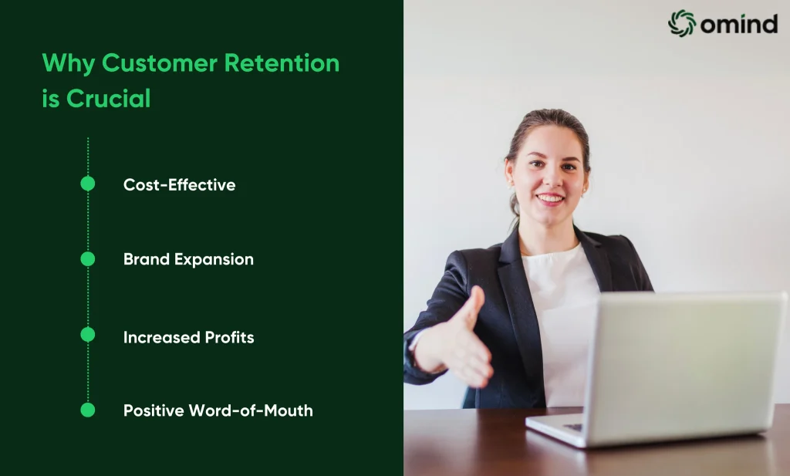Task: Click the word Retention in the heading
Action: (282, 63)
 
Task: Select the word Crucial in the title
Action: (108, 98)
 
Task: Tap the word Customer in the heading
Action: (160, 63)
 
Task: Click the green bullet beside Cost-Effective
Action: (88, 184)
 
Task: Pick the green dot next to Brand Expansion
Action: (88, 259)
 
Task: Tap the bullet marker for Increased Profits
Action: (88, 335)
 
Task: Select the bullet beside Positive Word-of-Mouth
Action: (88, 410)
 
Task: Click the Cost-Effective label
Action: (179, 185)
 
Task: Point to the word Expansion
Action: (214, 259)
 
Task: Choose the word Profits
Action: (229, 337)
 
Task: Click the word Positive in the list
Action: (154, 410)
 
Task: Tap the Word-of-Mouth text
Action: (251, 410)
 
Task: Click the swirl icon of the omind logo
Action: (682, 23)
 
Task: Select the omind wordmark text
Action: (739, 24)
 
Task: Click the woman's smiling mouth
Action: (549, 198)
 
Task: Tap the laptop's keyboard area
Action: (573, 427)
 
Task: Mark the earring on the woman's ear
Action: (585, 191)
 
